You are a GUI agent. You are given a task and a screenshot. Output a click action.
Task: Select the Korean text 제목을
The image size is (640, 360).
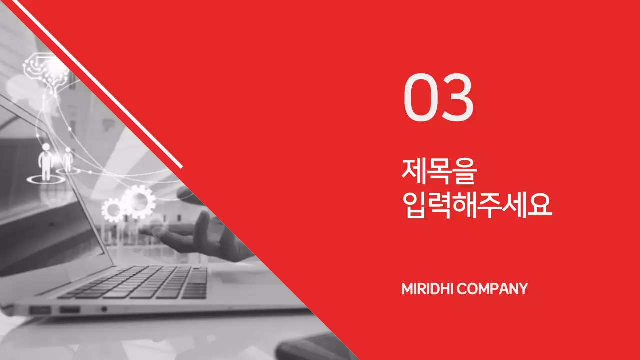[439, 171]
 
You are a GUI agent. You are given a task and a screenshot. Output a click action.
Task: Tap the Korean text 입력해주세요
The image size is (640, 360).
[477, 205]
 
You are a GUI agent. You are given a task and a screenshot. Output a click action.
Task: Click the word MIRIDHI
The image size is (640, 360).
[427, 289]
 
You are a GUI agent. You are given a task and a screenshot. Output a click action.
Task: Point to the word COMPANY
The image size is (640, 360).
[492, 289]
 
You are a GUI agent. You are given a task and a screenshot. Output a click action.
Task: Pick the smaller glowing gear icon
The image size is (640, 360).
[112, 210]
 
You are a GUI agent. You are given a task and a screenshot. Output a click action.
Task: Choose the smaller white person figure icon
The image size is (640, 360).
[68, 158]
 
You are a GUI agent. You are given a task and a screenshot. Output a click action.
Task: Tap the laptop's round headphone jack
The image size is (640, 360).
[104, 309]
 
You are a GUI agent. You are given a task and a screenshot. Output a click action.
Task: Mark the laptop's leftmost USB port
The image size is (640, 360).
[40, 310]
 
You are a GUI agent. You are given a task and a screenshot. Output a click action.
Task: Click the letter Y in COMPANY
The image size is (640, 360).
[523, 289]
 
